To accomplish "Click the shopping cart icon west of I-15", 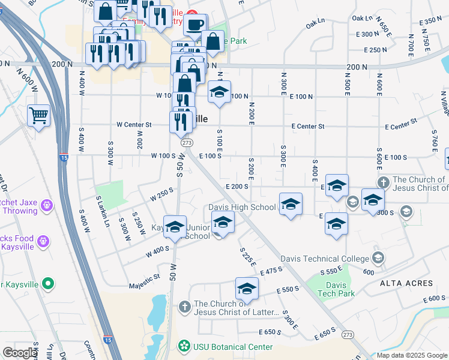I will [x=38, y=115].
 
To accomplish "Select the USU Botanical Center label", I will [x=232, y=347].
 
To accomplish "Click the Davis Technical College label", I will [x=334, y=259].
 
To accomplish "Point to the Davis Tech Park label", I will [x=337, y=289].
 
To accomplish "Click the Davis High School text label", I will [x=242, y=208].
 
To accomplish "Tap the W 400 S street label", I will [x=157, y=252].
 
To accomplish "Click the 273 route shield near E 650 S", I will [x=347, y=334].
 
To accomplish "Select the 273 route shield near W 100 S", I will [x=187, y=143].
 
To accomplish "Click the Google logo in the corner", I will [x=20, y=353].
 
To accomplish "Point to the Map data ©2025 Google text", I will [x=412, y=355].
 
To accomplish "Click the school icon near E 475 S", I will [x=246, y=289].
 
